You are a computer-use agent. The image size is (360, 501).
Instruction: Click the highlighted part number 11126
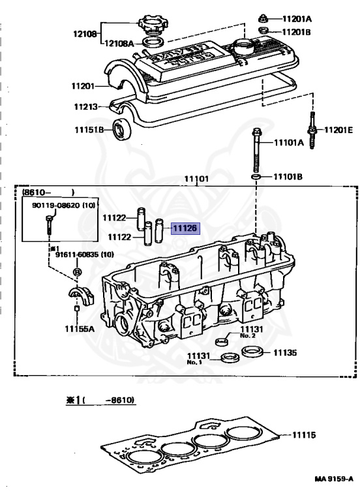[185, 228]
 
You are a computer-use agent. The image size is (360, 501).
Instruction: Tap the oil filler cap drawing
[153, 24]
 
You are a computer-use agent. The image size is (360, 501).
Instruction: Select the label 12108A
[119, 43]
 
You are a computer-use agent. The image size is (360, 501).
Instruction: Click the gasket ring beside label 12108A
[153, 42]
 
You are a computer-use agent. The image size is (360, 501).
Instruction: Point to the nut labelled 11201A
[263, 18]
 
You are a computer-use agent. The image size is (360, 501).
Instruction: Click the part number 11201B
[296, 32]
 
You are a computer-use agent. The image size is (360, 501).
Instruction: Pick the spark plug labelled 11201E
[312, 130]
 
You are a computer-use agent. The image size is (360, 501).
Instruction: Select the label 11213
[86, 106]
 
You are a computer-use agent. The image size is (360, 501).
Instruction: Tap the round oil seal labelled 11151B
[122, 129]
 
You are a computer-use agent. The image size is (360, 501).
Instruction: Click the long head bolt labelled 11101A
[256, 150]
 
